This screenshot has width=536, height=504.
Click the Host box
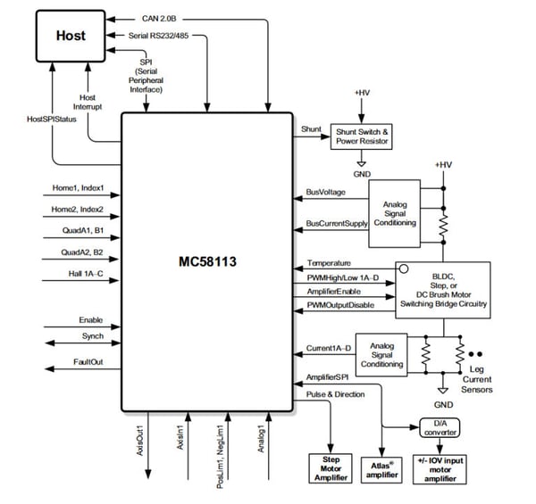click(70, 36)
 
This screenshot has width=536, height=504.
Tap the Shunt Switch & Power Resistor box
click(362, 136)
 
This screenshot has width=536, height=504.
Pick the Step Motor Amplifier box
click(331, 467)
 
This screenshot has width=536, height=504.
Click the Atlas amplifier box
click(381, 467)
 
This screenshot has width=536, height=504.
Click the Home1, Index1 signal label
click(80, 188)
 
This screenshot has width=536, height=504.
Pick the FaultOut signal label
click(89, 362)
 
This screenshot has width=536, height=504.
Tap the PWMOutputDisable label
click(340, 306)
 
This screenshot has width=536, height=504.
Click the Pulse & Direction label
click(336, 392)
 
